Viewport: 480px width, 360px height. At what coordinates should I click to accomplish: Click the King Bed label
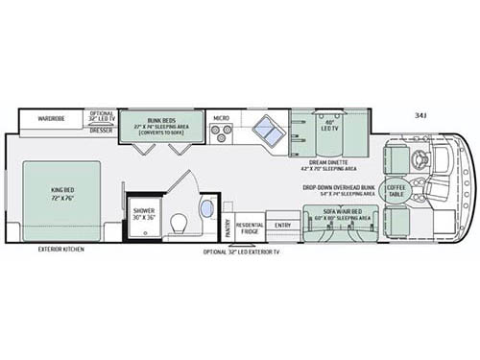coord(61,193)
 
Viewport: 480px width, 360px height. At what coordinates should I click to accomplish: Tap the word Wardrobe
coord(52,120)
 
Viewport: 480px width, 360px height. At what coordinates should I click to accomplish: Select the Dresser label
coord(100,131)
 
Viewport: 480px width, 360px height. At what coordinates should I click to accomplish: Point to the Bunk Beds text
coord(159,120)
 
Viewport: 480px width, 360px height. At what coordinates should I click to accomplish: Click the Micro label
coord(221,118)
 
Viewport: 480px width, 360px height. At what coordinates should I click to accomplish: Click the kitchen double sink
coord(268,132)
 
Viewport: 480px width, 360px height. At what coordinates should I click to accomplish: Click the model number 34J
coord(420,114)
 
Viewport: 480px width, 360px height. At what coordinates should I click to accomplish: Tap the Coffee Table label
coord(396,189)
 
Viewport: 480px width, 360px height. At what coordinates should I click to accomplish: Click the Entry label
coord(282,227)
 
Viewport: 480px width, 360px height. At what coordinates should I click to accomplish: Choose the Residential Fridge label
coord(250,228)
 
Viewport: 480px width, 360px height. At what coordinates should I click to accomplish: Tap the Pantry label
coord(228,228)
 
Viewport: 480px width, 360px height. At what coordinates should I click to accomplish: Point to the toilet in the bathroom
coord(178,224)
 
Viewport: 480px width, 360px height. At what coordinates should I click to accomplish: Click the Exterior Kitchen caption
coord(60,250)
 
